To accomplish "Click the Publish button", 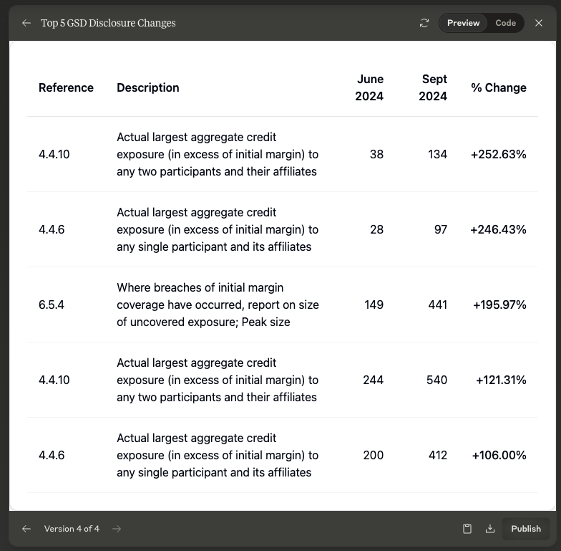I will coord(525,529).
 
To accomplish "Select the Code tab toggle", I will coord(505,23).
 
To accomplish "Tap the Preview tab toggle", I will coord(463,23).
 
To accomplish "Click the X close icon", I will coord(539,23).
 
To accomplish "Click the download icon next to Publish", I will coord(490,529).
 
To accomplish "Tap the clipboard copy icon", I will coord(467,529).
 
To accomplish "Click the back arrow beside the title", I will coord(26,23).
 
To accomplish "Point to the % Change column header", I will coord(498,87).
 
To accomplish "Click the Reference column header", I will coord(66,87).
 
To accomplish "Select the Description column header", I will coord(148,87).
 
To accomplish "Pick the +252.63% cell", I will coord(498,154).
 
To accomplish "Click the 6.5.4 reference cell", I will coord(52,305).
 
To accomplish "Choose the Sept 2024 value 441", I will coord(436,305).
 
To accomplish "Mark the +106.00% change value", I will coord(499,455).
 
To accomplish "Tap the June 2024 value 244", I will coord(373,380).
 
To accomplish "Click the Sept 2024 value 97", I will coord(440,229).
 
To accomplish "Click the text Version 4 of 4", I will coord(72,529).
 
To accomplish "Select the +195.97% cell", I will coord(499,305).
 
